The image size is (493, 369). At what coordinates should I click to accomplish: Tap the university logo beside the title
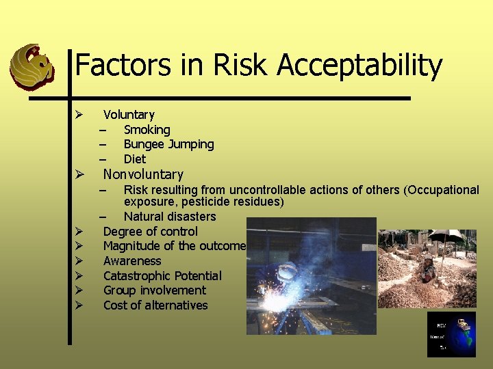tap(31, 66)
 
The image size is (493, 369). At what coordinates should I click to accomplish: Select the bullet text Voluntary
tap(129, 115)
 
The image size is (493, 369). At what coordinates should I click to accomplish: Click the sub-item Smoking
tap(147, 130)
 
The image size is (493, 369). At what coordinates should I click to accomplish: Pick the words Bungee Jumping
tap(168, 144)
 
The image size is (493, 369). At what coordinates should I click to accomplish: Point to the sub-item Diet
tap(134, 159)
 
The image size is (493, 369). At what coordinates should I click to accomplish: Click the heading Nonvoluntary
tap(143, 175)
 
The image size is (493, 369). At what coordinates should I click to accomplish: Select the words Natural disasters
tap(169, 217)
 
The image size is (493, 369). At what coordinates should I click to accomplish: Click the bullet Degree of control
tap(150, 232)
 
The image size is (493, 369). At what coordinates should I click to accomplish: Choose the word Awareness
tap(132, 261)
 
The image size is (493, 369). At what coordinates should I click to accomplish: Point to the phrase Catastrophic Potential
tap(162, 276)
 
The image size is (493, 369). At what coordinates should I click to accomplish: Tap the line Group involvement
tap(154, 290)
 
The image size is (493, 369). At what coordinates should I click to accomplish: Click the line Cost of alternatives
tap(155, 305)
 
